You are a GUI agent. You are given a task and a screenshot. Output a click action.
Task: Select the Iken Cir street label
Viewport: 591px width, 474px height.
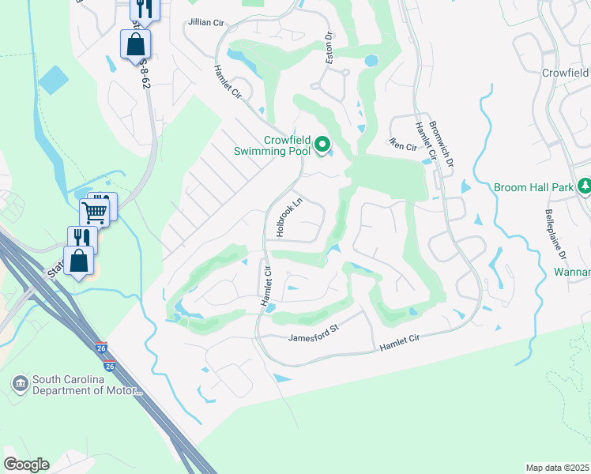click(402, 145)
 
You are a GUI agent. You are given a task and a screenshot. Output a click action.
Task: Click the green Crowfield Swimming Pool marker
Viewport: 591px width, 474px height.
click(322, 145)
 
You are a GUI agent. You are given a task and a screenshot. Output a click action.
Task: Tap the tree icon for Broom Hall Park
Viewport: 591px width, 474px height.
click(584, 186)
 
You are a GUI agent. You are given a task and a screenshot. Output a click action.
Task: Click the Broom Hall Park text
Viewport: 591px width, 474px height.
click(533, 188)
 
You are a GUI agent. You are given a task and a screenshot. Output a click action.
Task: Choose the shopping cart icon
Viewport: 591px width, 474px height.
click(94, 210)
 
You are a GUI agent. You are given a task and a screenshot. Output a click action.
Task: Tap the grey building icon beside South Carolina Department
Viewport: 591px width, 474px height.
click(18, 384)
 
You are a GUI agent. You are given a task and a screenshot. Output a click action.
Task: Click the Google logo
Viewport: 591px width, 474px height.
click(26, 465)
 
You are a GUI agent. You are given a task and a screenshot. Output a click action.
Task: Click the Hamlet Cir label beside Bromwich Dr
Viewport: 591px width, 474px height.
click(423, 141)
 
